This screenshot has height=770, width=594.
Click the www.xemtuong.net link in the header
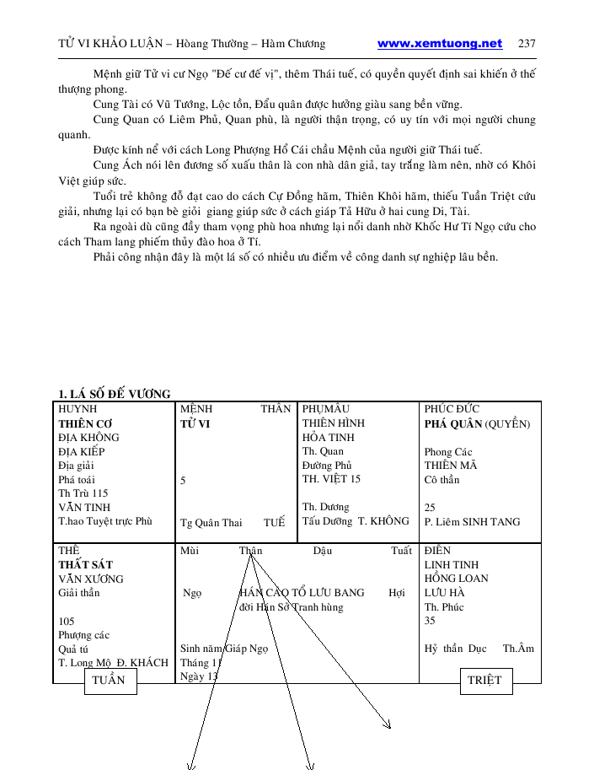[439, 44]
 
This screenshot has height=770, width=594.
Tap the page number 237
[527, 44]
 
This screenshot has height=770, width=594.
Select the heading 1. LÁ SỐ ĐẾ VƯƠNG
[114, 394]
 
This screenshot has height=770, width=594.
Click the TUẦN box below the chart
[110, 681]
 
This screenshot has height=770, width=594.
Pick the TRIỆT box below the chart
[484, 681]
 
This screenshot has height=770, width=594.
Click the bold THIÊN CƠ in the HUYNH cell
[85, 423]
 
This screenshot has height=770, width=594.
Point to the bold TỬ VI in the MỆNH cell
[195, 423]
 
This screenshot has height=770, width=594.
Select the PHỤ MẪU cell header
[326, 409]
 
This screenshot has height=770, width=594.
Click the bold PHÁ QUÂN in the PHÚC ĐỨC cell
[453, 423]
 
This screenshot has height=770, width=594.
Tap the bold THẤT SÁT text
[85, 564]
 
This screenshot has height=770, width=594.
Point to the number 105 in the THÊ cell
[67, 622]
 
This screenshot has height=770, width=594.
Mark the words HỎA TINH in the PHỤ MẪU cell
[329, 437]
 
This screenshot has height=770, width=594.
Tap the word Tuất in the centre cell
[401, 551]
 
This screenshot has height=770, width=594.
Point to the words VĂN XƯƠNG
[90, 579]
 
